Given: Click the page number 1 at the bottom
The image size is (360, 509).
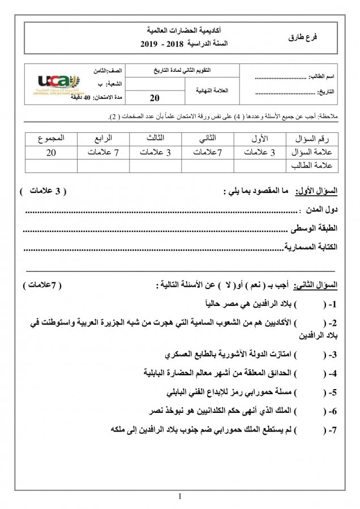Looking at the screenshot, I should tap(179, 497).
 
